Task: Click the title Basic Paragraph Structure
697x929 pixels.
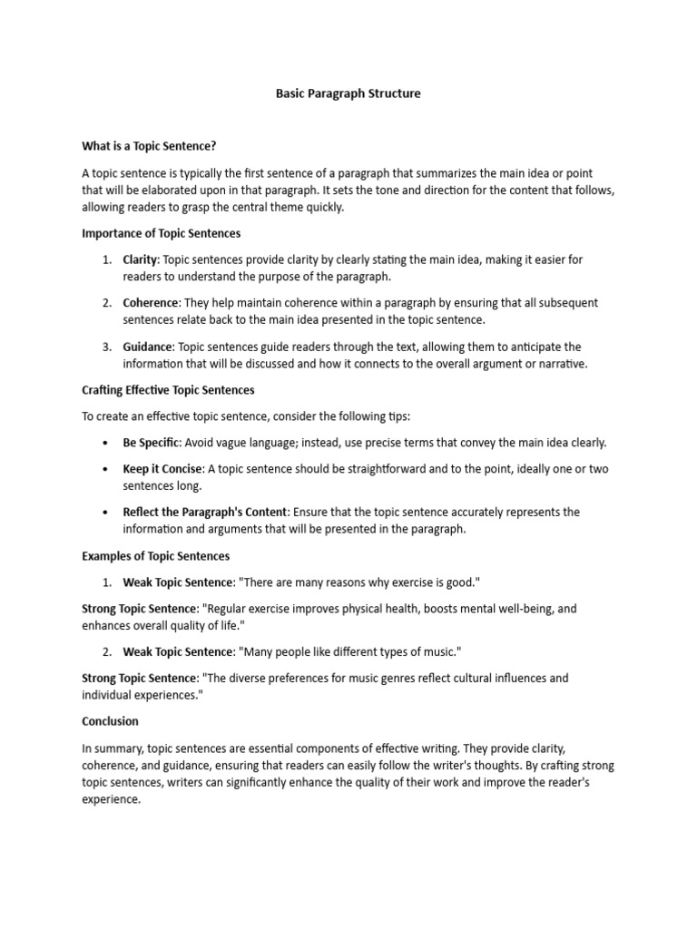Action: click(x=348, y=93)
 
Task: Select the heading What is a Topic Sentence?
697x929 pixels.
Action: click(x=149, y=145)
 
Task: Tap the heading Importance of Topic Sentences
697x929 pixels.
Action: click(x=161, y=233)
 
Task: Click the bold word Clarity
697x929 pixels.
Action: click(x=140, y=259)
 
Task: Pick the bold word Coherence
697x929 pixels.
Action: click(x=151, y=303)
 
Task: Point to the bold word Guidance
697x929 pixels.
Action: click(x=148, y=347)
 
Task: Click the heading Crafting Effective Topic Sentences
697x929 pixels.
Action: click(x=168, y=390)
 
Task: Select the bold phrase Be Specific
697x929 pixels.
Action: click(x=152, y=443)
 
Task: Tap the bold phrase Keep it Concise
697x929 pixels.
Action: click(x=164, y=469)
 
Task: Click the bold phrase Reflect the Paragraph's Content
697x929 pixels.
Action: click(x=205, y=513)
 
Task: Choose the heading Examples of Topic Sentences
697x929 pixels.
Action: click(x=155, y=556)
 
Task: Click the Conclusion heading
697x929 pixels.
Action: click(x=110, y=721)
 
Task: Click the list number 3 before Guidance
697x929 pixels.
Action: click(x=106, y=347)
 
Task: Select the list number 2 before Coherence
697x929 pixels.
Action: click(x=106, y=303)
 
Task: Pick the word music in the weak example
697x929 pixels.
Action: click(x=440, y=652)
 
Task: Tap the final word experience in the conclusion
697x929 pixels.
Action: click(x=111, y=801)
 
